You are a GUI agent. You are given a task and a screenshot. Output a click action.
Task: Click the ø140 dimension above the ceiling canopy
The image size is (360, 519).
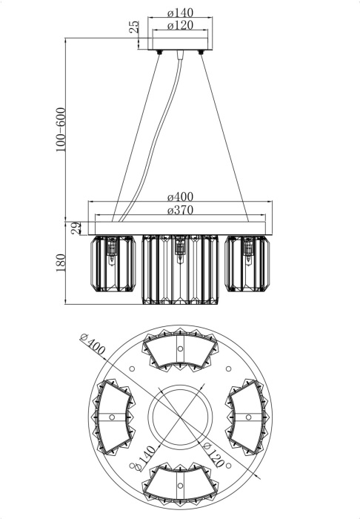click(x=180, y=13)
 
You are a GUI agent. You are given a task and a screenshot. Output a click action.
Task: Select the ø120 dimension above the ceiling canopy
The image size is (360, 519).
click(x=180, y=25)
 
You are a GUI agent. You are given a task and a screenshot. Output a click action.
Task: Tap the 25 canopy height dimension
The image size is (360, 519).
click(x=134, y=27)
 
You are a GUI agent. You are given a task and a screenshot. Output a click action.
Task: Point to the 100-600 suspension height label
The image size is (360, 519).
click(x=61, y=130)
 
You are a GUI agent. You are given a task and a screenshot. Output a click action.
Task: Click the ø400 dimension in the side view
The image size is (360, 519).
click(x=180, y=196)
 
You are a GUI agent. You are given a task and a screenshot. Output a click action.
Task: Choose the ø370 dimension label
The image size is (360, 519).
click(x=180, y=210)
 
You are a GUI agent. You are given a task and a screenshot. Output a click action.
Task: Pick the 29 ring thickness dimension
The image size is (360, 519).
click(x=76, y=228)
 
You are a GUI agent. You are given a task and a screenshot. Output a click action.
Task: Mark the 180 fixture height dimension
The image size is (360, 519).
click(x=61, y=262)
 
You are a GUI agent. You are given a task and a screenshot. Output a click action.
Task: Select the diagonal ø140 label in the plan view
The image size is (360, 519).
click(x=142, y=459)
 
